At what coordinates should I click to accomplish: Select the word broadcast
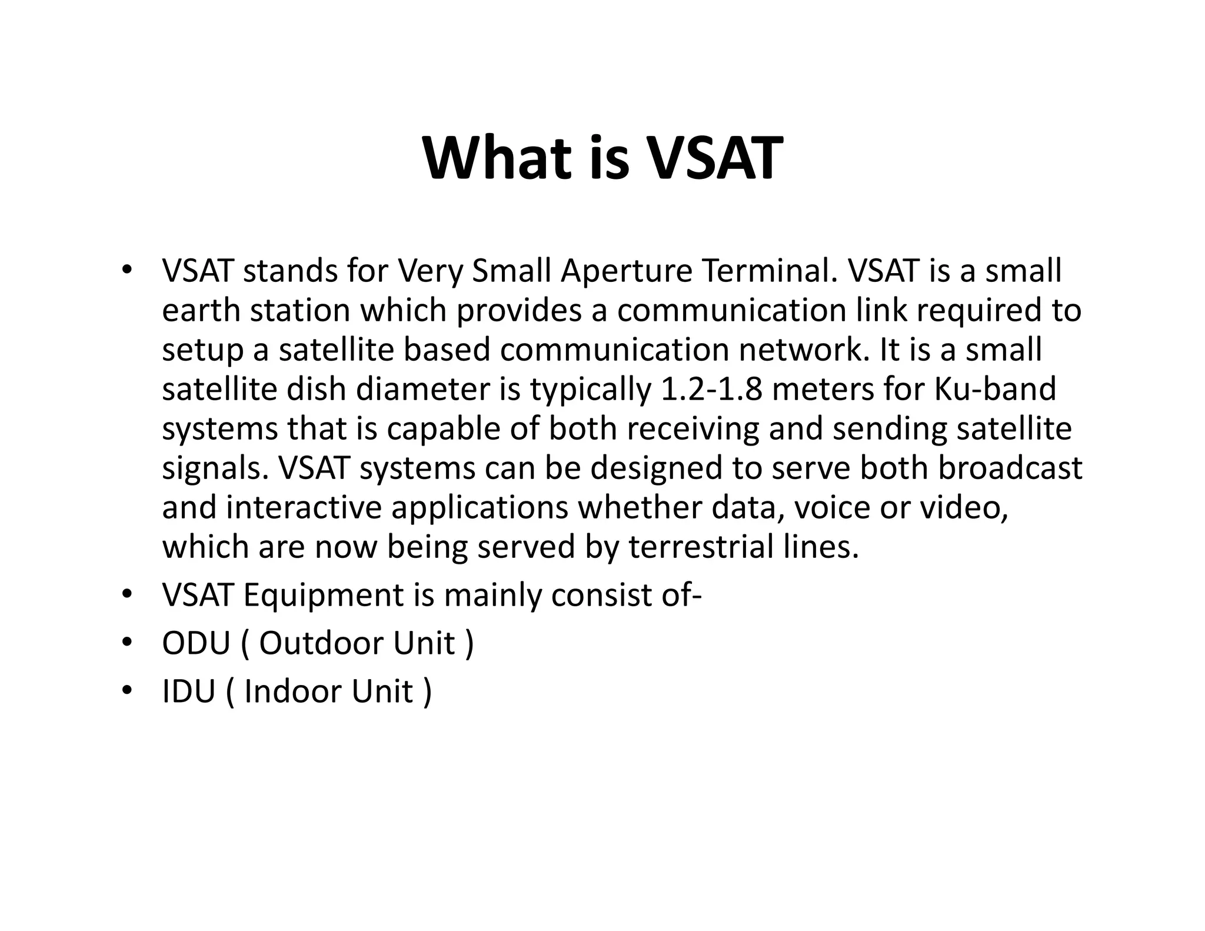coord(1010,468)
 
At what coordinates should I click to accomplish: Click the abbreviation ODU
coord(196,643)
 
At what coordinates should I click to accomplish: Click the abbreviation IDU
coord(188,691)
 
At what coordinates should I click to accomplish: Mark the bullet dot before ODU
coord(126,643)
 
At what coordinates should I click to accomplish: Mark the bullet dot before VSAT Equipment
coord(126,595)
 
